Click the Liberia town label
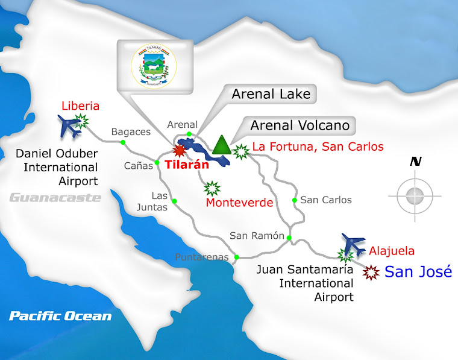80,106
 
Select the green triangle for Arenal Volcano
222,144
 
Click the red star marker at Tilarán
179,151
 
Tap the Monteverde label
239,203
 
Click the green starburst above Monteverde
212,188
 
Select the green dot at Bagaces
123,142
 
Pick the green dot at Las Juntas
175,201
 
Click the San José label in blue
418,272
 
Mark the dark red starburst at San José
371,272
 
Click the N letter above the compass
415,162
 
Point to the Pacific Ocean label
60,316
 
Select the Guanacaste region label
55,197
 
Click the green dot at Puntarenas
237,257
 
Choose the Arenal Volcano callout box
300,126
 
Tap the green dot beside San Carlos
295,200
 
